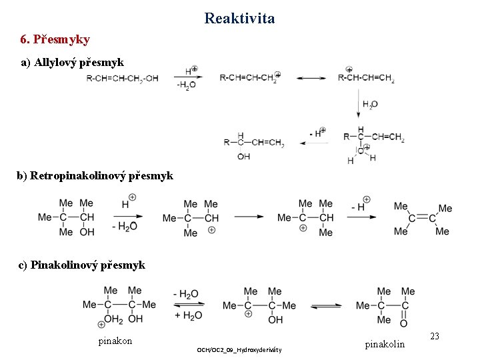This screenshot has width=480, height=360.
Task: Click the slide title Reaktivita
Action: [239, 18]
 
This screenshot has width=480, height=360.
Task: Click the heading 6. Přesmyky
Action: [55, 39]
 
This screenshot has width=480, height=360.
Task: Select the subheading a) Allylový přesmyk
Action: [72, 63]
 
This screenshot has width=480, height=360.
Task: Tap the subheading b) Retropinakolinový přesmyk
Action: [95, 176]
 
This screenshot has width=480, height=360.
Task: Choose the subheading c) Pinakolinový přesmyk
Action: [82, 265]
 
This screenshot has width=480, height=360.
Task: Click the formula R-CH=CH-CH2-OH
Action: [123, 79]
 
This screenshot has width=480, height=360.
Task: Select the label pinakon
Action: [115, 341]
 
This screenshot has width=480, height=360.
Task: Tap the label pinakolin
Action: [385, 344]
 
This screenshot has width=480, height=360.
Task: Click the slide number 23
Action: [434, 337]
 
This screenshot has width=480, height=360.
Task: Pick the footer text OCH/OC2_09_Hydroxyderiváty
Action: [239, 350]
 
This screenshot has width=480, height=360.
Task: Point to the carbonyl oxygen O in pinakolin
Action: [403, 323]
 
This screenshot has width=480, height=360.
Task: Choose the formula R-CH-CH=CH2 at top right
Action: [366, 79]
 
